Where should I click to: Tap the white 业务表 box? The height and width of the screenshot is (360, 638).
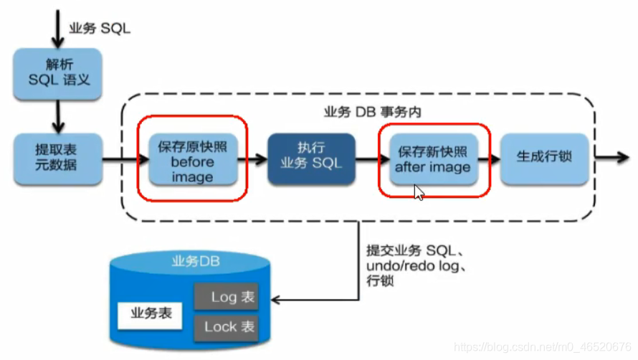click(151, 313)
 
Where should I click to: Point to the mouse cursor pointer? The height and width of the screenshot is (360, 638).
click(419, 192)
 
